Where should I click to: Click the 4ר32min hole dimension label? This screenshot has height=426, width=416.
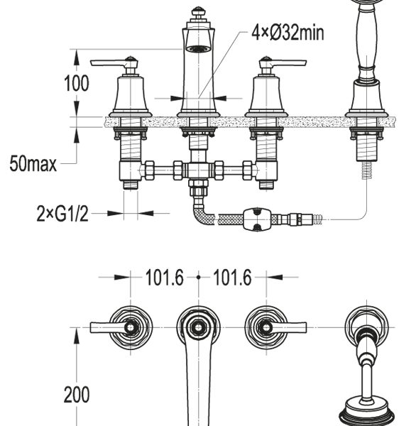point(288,33)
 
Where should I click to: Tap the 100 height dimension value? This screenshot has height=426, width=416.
point(77,83)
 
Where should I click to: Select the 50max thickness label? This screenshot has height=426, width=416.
point(33,164)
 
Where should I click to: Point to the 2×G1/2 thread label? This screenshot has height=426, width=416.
point(62,214)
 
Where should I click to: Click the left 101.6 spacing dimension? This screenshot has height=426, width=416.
point(165,278)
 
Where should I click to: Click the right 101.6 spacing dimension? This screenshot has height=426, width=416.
point(233,278)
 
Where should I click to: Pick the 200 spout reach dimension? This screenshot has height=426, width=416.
point(77,395)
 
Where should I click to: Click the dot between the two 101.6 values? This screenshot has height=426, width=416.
point(199,278)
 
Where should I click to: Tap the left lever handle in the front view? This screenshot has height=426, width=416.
point(114,64)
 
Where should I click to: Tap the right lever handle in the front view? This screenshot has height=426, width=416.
point(283,64)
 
